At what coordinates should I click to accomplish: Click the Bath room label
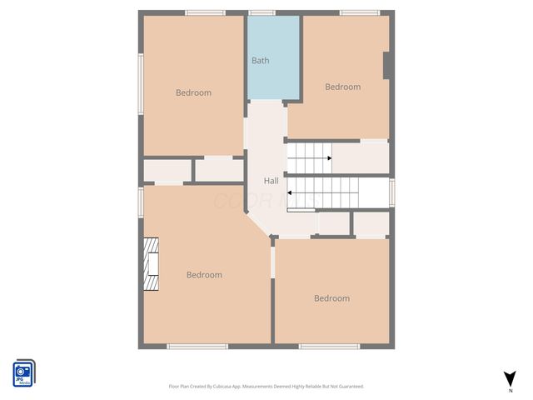[261, 61]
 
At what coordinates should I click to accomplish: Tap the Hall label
[271, 181]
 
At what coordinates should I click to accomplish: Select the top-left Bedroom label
[193, 92]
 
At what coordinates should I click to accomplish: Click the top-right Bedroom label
[342, 87]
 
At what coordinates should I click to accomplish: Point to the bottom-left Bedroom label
[204, 275]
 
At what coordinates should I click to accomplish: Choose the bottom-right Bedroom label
[331, 298]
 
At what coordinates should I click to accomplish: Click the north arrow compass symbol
[510, 378]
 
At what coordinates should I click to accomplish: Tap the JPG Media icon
[23, 372]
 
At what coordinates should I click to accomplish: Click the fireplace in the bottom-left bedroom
[151, 264]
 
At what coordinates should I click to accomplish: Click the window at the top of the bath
[262, 12]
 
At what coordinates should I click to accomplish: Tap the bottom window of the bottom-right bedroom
[330, 346]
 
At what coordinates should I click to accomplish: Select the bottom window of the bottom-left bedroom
[197, 346]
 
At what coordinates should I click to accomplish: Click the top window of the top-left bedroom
[205, 12]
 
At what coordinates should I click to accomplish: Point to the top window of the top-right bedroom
[360, 12]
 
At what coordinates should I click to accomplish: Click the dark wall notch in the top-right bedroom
[387, 66]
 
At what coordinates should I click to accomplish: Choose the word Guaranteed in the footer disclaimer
[347, 387]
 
